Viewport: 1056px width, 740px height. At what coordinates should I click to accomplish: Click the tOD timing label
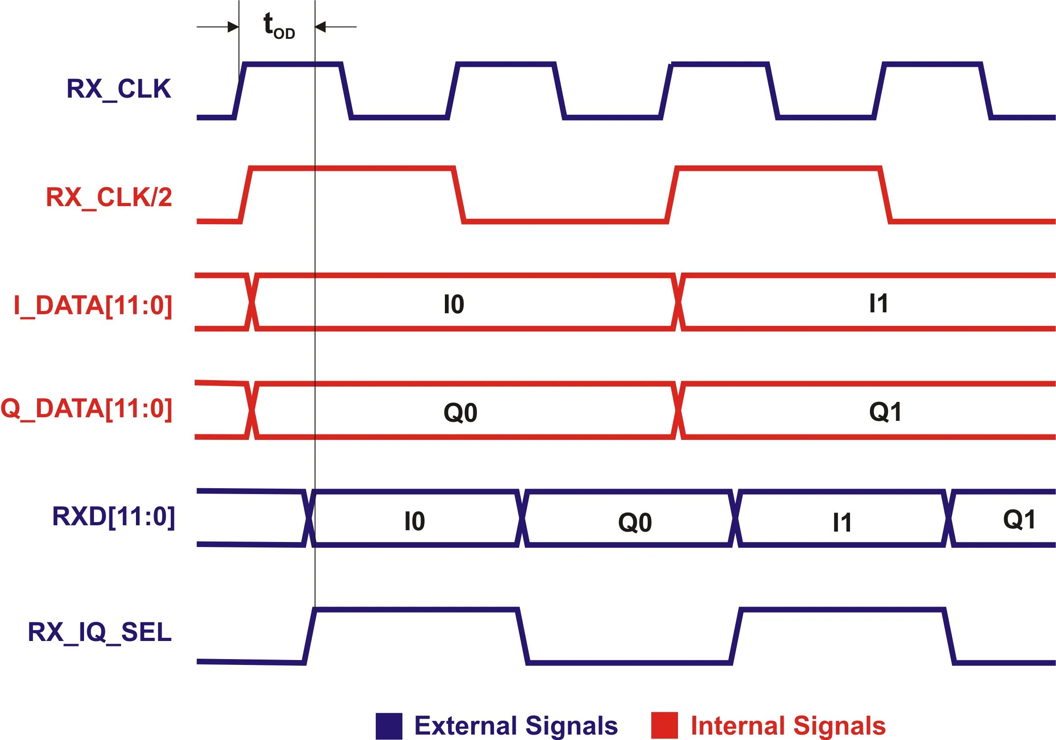[x=279, y=26]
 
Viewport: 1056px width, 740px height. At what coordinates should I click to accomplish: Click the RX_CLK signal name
[x=119, y=89]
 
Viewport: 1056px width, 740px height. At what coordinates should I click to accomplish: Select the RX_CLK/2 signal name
[x=109, y=198]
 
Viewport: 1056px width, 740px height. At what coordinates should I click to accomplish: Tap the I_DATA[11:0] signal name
[x=93, y=306]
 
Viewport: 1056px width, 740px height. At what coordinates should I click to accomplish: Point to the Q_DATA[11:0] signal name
[x=86, y=409]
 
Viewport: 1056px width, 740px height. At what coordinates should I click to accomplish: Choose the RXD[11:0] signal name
[x=114, y=517]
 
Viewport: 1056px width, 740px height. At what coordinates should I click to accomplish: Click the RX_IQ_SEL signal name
[x=100, y=632]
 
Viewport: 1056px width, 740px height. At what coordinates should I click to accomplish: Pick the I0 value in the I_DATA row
[x=453, y=305]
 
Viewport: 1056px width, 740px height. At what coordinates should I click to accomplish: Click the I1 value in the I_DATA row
[x=878, y=304]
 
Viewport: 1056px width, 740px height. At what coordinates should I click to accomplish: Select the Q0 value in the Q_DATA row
[x=460, y=413]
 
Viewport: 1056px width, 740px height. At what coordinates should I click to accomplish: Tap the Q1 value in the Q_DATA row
[x=885, y=412]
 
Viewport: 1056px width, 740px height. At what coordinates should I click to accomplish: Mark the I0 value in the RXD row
[x=414, y=521]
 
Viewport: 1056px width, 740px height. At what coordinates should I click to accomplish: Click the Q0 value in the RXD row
[x=635, y=523]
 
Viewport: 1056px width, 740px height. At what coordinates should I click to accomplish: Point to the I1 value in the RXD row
[x=841, y=523]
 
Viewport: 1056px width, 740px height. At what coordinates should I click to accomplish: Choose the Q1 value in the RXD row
[x=1019, y=520]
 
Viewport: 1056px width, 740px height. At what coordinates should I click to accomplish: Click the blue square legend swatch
[x=388, y=726]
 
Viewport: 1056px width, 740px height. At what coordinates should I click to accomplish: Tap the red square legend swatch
[x=664, y=725]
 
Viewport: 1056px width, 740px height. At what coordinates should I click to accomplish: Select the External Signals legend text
[x=516, y=726]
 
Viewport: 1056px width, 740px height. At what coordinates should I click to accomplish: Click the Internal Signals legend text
[x=788, y=726]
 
